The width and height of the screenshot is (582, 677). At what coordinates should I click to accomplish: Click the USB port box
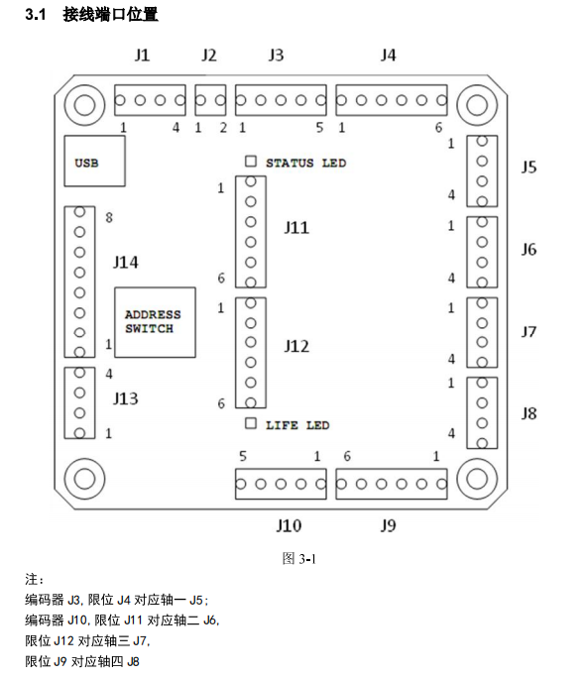click(94, 161)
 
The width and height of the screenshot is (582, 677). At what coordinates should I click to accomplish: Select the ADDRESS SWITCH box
click(155, 322)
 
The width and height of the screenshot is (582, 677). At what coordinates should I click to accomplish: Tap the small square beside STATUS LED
click(251, 161)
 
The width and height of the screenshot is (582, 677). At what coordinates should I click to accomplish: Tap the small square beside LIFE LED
click(251, 423)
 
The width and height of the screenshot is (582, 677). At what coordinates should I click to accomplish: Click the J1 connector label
click(142, 56)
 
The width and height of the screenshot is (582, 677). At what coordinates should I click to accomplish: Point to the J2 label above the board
click(209, 56)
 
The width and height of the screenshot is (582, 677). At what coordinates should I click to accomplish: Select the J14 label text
click(126, 262)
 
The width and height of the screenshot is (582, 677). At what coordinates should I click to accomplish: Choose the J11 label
click(296, 228)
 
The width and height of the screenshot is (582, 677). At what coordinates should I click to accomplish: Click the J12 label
click(296, 346)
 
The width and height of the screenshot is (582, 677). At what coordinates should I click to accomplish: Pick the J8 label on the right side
click(528, 413)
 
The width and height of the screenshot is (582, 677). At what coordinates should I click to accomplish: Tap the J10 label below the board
click(289, 525)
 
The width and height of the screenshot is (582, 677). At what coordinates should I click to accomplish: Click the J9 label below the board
click(388, 525)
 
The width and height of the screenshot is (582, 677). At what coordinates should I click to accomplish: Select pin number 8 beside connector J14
click(109, 217)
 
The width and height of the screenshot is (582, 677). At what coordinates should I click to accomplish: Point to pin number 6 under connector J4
click(438, 127)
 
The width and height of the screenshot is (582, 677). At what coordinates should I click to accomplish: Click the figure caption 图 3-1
click(299, 559)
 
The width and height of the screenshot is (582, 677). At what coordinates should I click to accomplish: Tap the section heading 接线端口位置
click(110, 14)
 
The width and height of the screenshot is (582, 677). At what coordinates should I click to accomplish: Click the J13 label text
click(126, 398)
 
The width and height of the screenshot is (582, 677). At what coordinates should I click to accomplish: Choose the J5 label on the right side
click(528, 167)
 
